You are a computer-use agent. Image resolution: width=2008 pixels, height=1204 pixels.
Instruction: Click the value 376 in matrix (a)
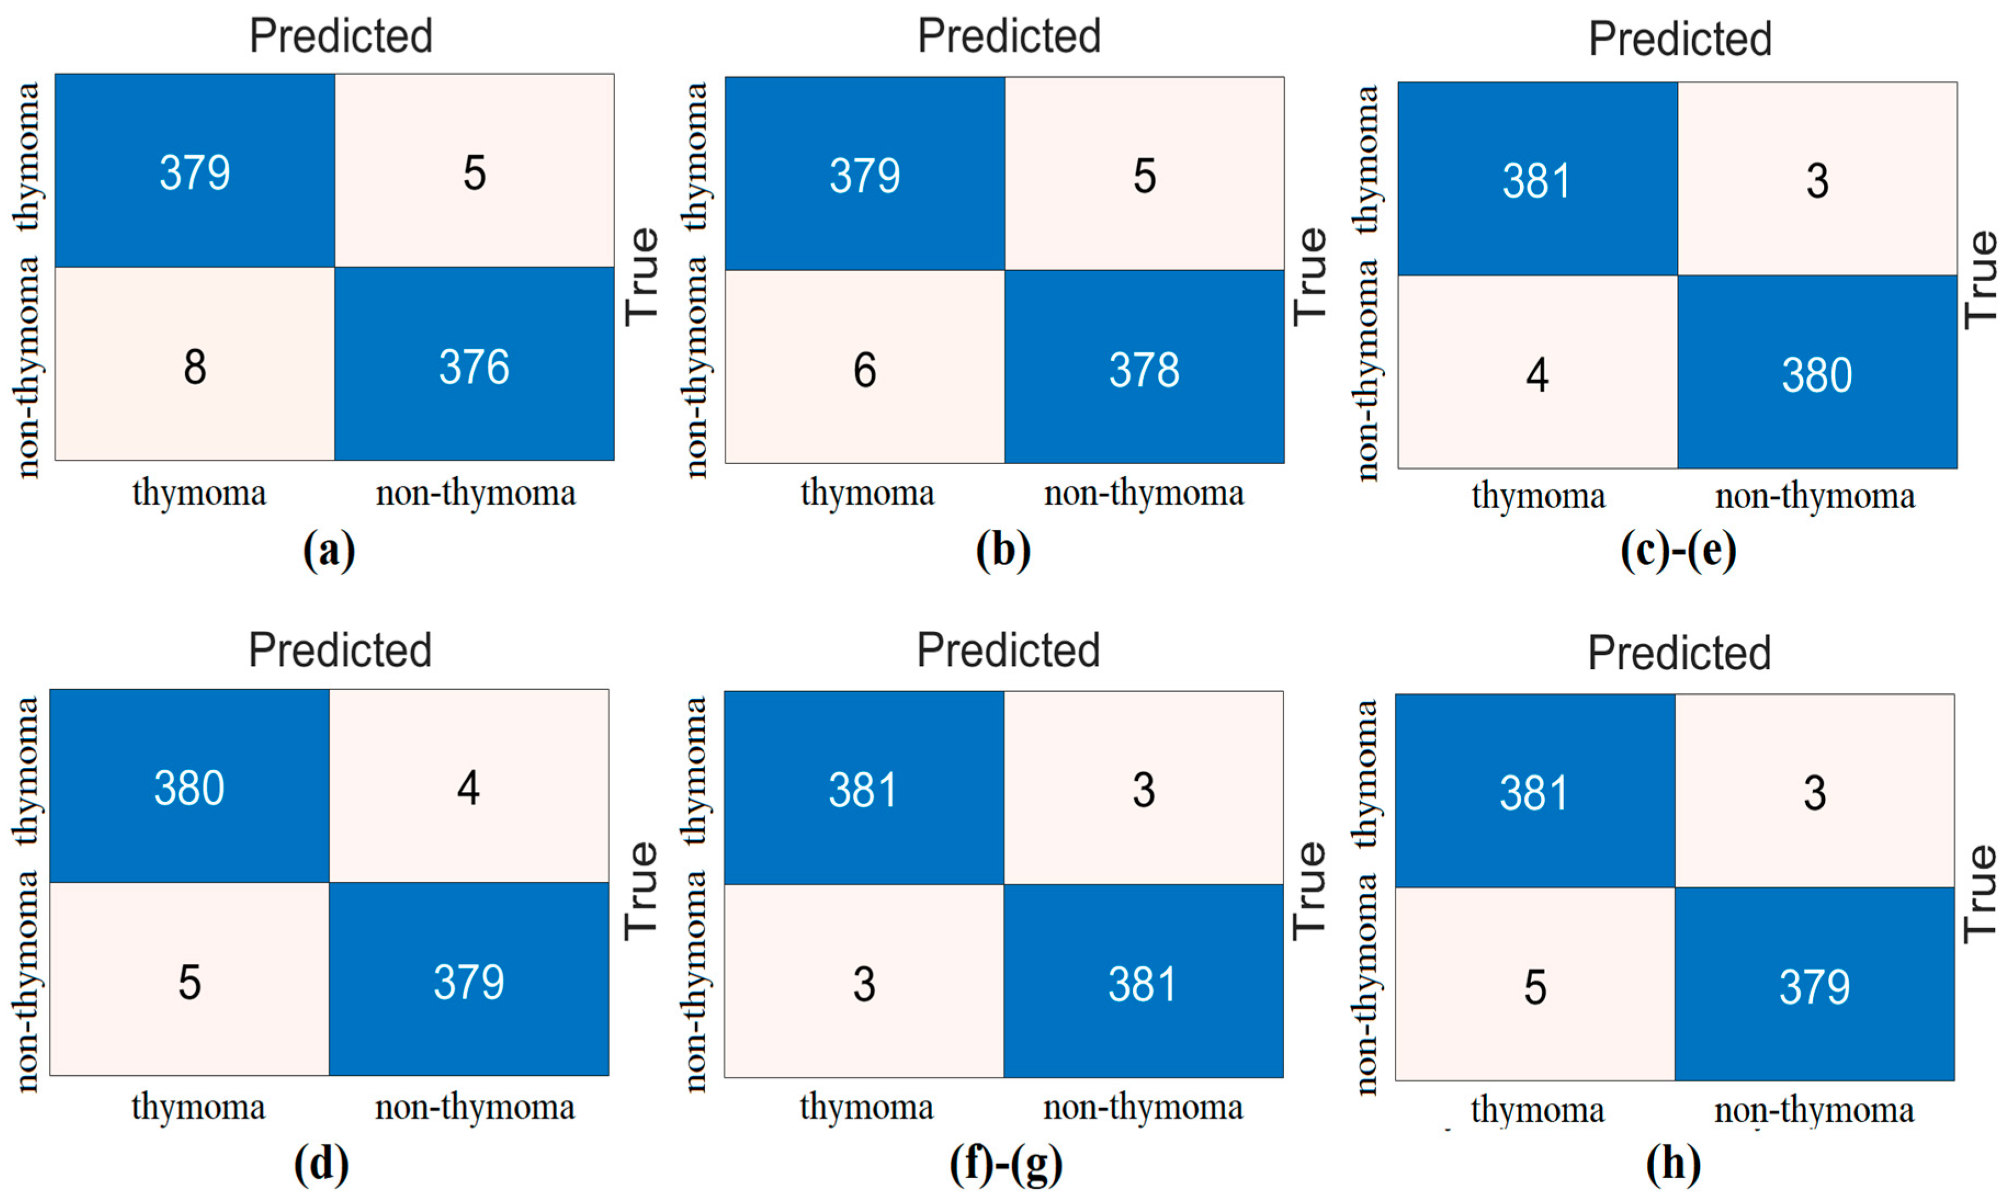tap(474, 367)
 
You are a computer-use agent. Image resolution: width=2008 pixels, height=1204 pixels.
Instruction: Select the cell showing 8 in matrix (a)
tap(195, 367)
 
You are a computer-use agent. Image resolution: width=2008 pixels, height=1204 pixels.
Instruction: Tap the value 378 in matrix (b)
tap(1144, 370)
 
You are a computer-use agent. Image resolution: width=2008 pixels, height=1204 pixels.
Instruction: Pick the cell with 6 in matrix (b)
tap(864, 370)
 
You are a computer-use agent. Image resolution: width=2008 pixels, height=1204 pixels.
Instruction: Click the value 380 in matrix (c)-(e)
tap(1817, 375)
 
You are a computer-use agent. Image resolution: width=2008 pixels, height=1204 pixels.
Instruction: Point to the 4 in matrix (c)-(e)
tap(1536, 375)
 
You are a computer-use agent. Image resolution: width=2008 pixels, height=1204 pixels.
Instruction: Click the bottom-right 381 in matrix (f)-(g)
tap(1143, 984)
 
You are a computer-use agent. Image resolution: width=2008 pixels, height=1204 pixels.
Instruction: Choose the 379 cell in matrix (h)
tap(1814, 986)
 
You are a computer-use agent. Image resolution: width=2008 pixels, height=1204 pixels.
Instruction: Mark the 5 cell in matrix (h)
tap(1535, 986)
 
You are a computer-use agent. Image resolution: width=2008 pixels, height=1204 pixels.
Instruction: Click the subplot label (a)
tap(328, 550)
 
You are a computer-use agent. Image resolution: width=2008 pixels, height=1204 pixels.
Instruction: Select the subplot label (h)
tap(1673, 1164)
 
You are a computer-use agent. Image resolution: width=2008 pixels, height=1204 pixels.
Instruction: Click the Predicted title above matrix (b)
tap(1009, 37)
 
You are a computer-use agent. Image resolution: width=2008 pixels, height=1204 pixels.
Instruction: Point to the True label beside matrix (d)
tap(641, 890)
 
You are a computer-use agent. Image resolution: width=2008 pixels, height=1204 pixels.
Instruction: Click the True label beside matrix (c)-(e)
tap(1981, 279)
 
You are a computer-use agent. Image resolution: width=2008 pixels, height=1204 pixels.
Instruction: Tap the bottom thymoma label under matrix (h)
tap(1537, 1110)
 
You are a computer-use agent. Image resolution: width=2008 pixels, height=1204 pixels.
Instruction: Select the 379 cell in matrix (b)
tap(864, 175)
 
